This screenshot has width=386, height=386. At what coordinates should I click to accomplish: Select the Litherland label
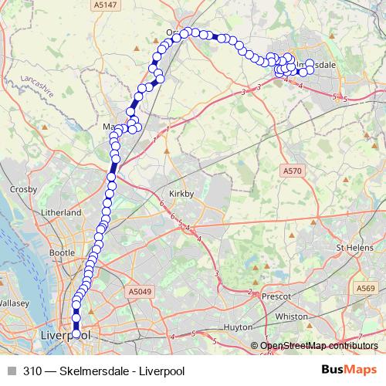coord(63,212)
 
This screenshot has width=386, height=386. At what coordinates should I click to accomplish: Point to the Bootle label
coord(62,252)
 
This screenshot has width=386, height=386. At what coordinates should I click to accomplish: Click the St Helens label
coord(354,248)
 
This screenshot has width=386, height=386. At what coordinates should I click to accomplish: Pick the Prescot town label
coord(275,296)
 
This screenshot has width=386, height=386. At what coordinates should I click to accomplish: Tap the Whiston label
coord(290,317)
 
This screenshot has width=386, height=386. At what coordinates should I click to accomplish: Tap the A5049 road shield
coord(136,292)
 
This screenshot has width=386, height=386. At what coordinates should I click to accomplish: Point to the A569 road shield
coord(366,287)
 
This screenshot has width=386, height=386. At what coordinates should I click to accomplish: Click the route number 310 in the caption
coord(32,371)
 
